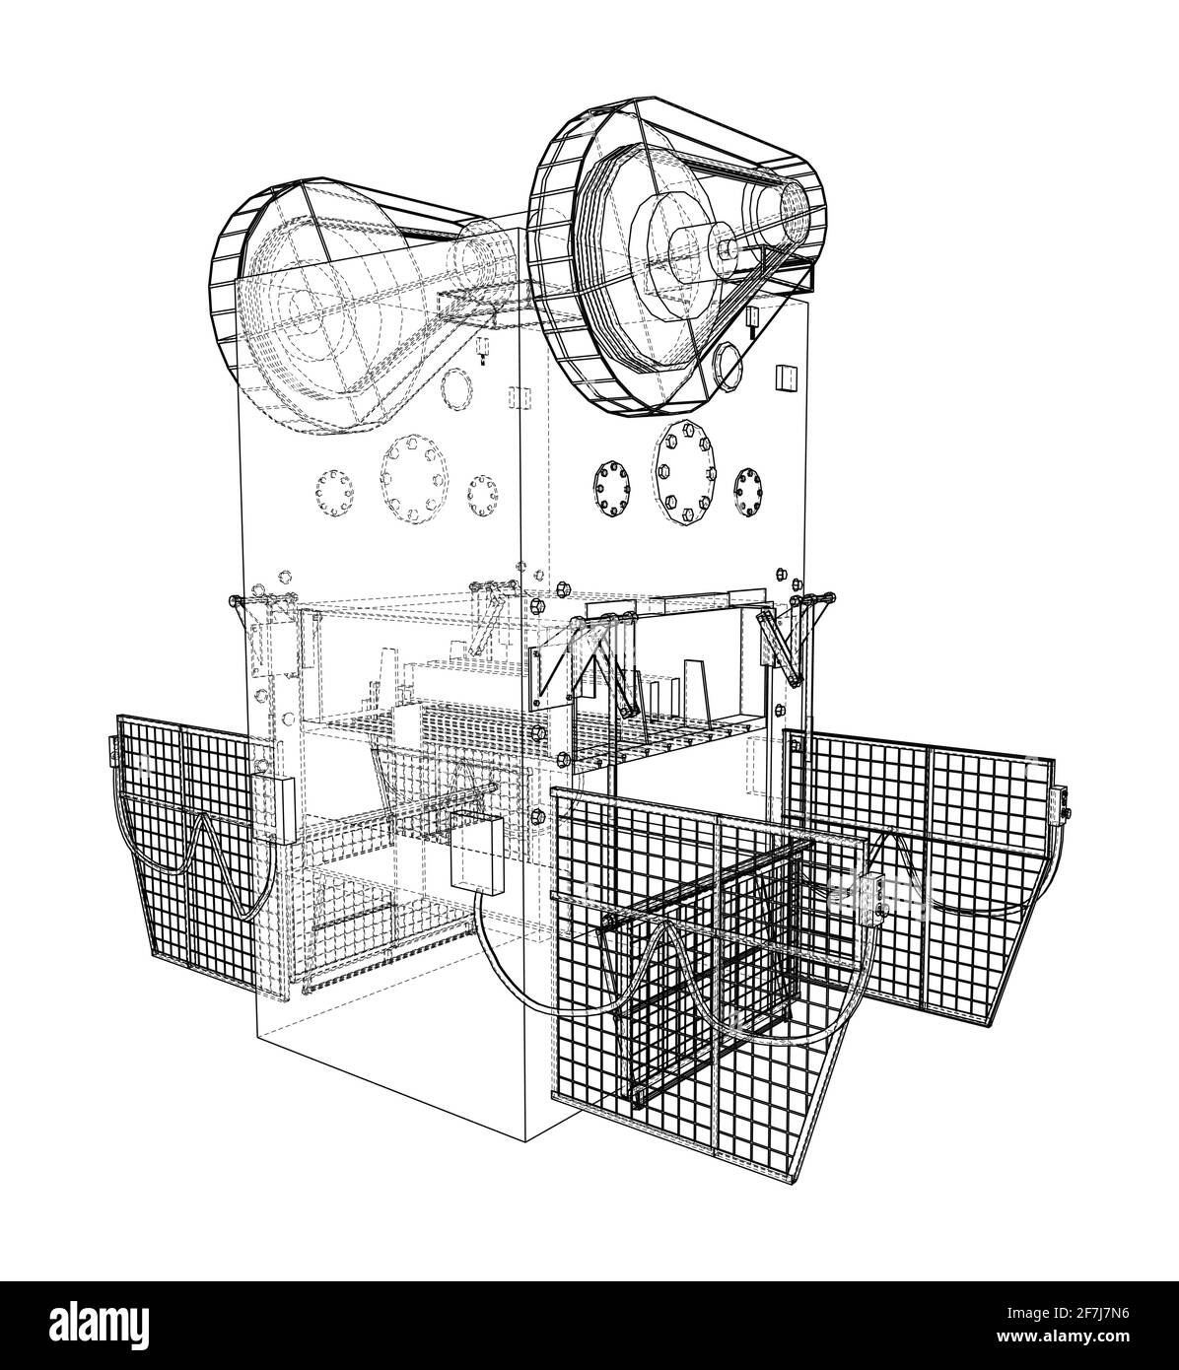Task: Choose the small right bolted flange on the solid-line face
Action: [748, 491]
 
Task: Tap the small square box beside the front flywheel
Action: [787, 377]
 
